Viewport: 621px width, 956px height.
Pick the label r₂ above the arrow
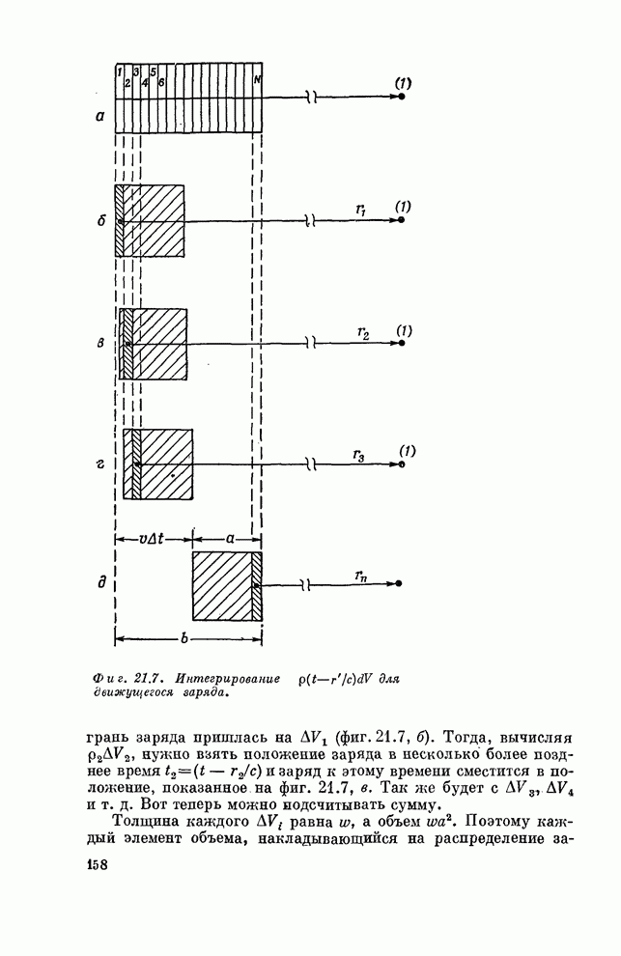pyautogui.click(x=362, y=333)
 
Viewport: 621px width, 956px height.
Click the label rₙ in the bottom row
pyautogui.click(x=361, y=576)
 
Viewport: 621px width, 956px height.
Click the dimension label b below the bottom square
pyautogui.click(x=183, y=639)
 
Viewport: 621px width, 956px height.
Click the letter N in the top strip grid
pyautogui.click(x=256, y=78)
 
